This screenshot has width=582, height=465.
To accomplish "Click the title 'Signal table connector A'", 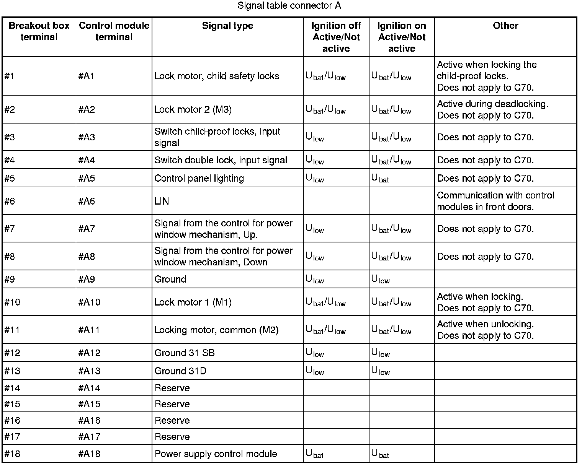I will [289, 6].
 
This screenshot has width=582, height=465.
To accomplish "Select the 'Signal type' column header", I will [227, 26].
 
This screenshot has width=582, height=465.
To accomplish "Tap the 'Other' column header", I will [505, 26].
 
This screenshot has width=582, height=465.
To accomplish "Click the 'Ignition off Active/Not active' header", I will [336, 37].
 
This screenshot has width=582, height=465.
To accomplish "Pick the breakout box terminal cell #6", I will [10, 201].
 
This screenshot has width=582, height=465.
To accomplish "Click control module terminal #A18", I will [89, 454].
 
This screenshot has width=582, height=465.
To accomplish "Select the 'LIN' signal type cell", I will [162, 201].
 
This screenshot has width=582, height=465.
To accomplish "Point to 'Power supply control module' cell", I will [216, 454].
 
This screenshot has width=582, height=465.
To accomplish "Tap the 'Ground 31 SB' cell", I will [184, 353].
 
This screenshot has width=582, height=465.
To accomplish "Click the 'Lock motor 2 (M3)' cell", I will [193, 109].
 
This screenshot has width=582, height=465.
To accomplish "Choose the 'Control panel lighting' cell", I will [199, 178].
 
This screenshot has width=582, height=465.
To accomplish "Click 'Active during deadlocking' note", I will [492, 104].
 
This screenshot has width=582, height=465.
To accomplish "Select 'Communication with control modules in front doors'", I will [495, 201].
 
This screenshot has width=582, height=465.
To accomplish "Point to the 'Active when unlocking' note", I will [485, 324].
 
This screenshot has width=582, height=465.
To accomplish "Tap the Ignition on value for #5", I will [380, 179].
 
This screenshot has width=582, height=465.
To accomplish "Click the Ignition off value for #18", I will [314, 454].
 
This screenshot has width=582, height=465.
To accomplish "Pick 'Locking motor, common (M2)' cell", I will [216, 330].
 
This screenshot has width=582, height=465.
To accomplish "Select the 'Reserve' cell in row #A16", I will [172, 421].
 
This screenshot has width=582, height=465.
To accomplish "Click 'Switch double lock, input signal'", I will [221, 160].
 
